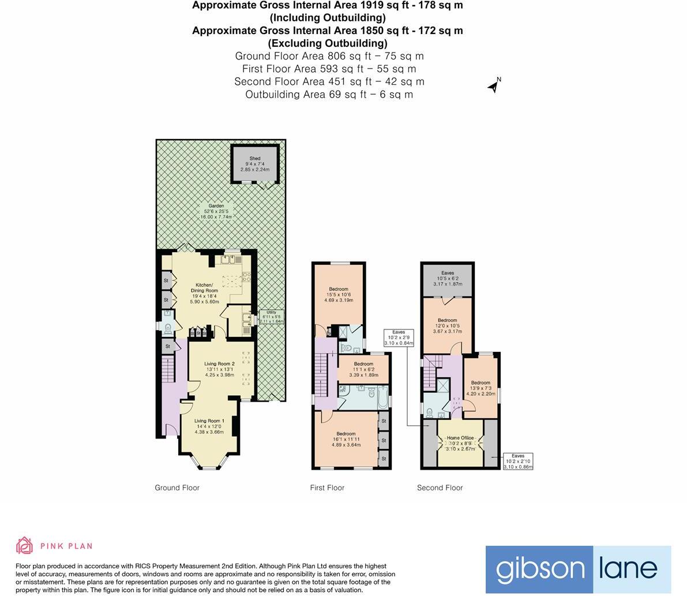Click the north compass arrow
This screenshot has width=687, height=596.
tap(494, 86)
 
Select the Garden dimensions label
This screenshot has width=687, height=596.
tap(216, 211)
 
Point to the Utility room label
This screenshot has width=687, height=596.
tap(271, 317)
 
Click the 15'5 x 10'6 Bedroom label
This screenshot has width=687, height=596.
tap(339, 294)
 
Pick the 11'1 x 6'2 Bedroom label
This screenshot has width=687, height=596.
tap(363, 369)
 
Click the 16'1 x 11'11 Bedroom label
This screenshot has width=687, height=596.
tap(346, 439)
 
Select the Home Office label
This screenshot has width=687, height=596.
tap(460, 443)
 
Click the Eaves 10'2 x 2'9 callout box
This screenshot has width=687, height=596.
tap(399, 338)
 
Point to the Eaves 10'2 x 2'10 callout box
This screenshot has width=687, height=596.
tap(518, 461)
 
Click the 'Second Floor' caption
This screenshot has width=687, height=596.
tap(440, 488)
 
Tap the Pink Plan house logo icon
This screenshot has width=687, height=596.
tap(24, 545)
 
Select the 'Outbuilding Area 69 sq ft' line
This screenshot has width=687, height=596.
tap(329, 94)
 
